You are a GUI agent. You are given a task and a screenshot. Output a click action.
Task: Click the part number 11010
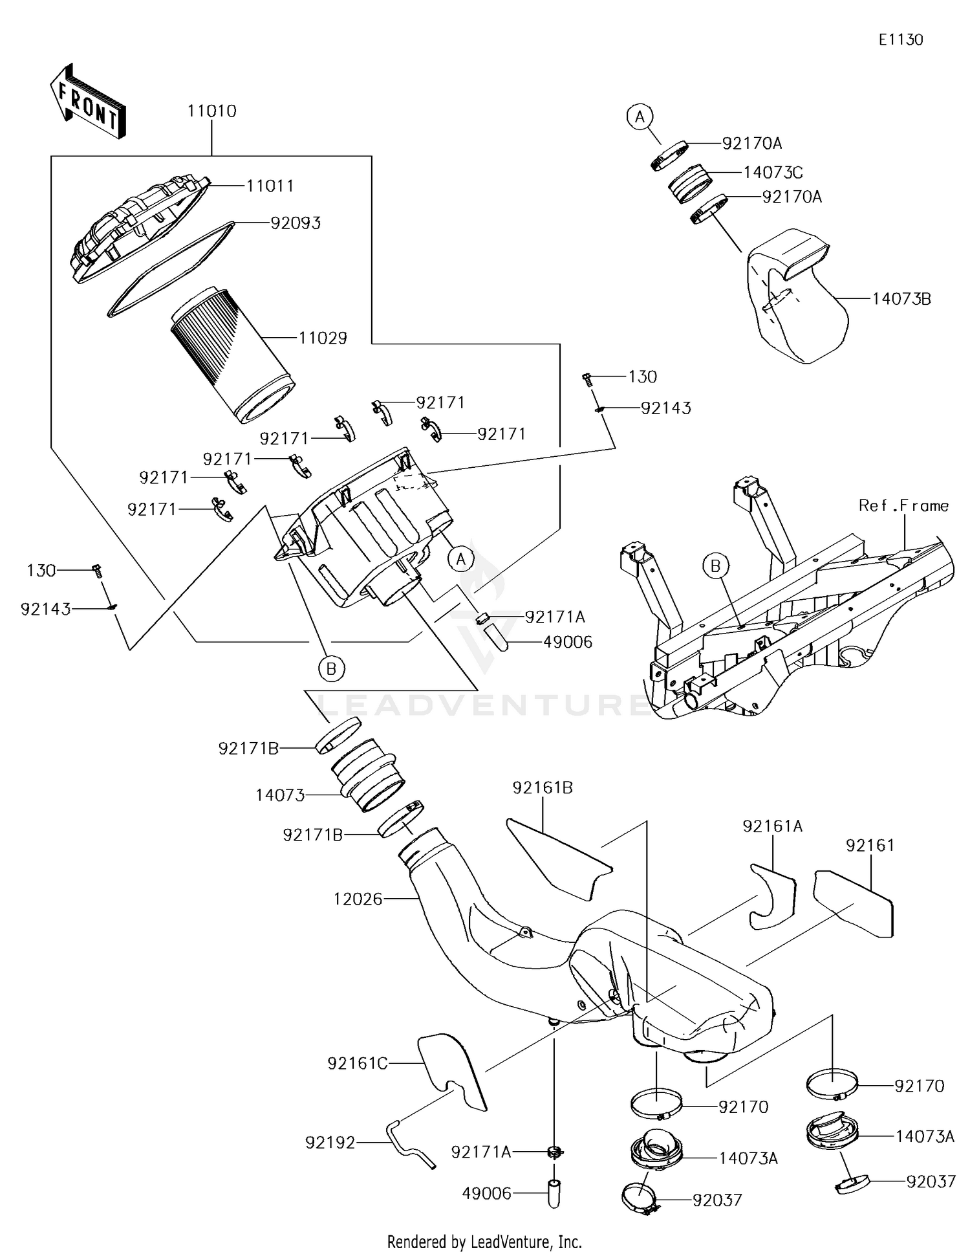tap(211, 111)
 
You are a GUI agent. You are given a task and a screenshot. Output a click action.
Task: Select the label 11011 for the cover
tap(270, 186)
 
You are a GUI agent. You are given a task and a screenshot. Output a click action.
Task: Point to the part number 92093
tap(295, 223)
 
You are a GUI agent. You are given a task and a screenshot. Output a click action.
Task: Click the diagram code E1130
tap(900, 40)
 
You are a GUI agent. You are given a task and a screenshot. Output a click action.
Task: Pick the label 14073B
tap(901, 299)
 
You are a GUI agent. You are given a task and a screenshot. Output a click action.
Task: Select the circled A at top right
tap(640, 117)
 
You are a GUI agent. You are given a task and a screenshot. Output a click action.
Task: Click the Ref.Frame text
tap(903, 505)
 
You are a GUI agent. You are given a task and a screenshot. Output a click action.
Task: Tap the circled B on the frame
tap(715, 566)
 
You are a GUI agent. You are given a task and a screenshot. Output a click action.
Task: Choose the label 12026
tap(358, 899)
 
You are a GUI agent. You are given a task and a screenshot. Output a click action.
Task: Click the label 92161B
tap(542, 788)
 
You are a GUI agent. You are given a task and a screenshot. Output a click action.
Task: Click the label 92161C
tap(357, 1063)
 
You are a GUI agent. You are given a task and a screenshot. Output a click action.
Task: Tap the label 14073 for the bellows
tap(279, 795)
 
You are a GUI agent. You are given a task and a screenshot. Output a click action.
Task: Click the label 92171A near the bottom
tap(480, 1152)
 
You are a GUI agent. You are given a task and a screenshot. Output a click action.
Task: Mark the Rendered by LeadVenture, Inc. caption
tap(484, 1242)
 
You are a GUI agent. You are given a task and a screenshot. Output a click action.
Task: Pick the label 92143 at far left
tap(45, 609)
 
